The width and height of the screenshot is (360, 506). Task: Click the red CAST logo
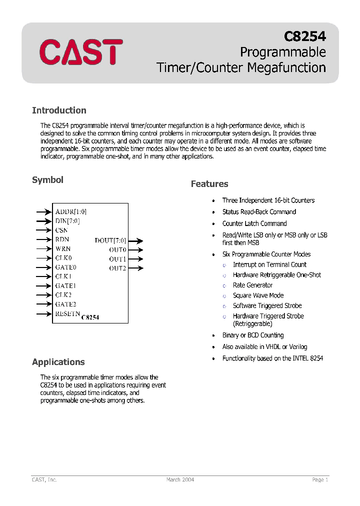tap(81, 52)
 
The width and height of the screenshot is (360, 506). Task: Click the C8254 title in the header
tap(304, 36)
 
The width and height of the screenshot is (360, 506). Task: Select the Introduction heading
tap(59, 110)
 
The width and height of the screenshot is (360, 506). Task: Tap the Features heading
tap(209, 184)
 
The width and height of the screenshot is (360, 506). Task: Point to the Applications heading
tap(58, 362)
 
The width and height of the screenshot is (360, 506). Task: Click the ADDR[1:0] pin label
tap(70, 212)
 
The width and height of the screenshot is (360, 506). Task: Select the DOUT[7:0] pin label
tap(110, 240)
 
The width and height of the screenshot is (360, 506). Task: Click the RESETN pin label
tap(67, 314)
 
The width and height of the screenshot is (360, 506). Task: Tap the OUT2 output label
tap(117, 268)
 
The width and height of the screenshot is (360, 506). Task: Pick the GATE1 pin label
tap(65, 286)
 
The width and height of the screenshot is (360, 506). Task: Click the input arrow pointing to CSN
tap(44, 230)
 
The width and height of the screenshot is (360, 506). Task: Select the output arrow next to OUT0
tap(135, 250)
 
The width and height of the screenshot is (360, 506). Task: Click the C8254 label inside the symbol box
tap(90, 317)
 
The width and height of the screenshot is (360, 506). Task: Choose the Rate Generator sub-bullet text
tap(252, 285)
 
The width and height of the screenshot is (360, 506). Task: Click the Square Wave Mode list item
tap(258, 295)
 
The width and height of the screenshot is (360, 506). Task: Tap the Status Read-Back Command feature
tap(259, 212)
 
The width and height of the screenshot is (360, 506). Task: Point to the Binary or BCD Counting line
tap(252, 335)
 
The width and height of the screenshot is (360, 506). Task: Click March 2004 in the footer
tap(180, 479)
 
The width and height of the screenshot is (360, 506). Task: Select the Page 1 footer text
tap(320, 479)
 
